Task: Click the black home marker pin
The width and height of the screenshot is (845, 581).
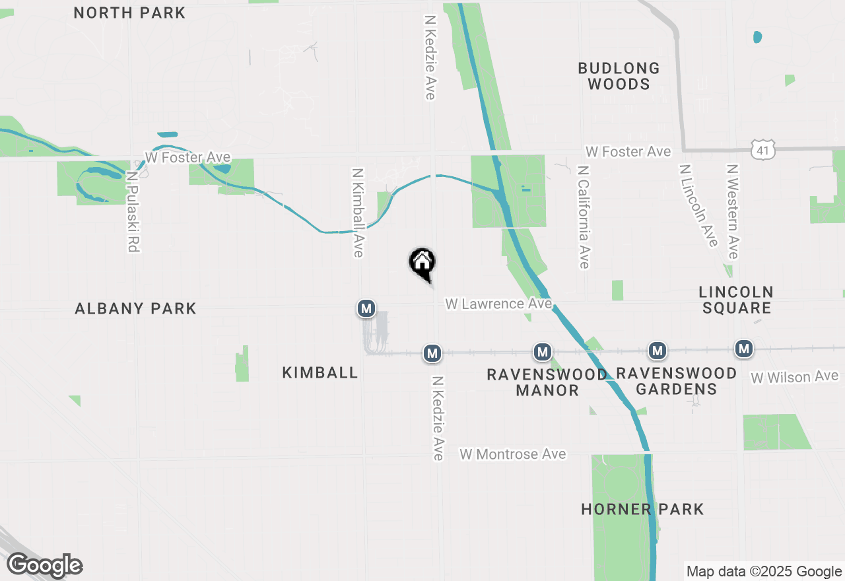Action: pyautogui.click(x=422, y=264)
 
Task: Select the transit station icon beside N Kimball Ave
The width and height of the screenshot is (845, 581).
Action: pyautogui.click(x=366, y=308)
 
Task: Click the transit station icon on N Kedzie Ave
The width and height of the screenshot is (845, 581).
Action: pyautogui.click(x=432, y=353)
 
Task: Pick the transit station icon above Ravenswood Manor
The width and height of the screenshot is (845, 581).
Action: pyautogui.click(x=543, y=352)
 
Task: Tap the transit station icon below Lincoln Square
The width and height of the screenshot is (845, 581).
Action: pyautogui.click(x=745, y=349)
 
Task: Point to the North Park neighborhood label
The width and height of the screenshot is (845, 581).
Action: pyautogui.click(x=129, y=13)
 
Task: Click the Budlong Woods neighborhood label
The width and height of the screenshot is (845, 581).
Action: pyautogui.click(x=619, y=76)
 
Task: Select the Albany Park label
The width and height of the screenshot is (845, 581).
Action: pyautogui.click(x=135, y=308)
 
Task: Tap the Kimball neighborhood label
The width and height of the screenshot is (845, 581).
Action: pyautogui.click(x=320, y=372)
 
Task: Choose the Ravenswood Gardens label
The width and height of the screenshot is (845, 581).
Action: pyautogui.click(x=676, y=381)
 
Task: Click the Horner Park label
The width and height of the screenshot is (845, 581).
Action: pyautogui.click(x=642, y=509)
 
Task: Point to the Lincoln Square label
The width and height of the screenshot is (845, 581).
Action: pyautogui.click(x=736, y=300)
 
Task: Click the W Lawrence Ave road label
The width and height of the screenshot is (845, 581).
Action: pyautogui.click(x=498, y=304)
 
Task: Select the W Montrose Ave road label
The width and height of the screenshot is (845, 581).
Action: pyautogui.click(x=513, y=454)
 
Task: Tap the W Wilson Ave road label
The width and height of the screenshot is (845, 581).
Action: pyautogui.click(x=794, y=377)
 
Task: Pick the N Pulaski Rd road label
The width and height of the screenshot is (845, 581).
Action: pyautogui.click(x=133, y=212)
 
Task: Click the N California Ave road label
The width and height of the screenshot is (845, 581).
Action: pyautogui.click(x=583, y=217)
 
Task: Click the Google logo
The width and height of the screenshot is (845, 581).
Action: pyautogui.click(x=44, y=566)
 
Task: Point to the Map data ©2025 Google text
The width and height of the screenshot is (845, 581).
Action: pyautogui.click(x=764, y=572)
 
